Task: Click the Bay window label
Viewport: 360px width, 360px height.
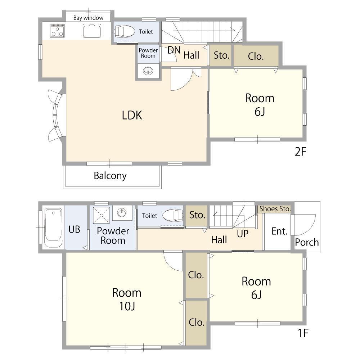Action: pos(88,18)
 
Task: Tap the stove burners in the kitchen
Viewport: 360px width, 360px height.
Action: pos(57,31)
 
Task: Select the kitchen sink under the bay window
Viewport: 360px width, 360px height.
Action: pos(92,31)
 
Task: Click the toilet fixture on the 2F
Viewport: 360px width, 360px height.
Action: pos(125,31)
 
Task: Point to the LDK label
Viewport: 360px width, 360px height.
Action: pos(132,115)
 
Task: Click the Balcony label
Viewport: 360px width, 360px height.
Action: pos(110,176)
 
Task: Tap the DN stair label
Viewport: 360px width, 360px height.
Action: pos(174,50)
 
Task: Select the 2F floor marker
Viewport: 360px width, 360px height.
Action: pos(300,152)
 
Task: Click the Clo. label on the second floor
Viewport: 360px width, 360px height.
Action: pos(256,56)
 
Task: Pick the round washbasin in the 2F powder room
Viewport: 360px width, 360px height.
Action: pos(148,71)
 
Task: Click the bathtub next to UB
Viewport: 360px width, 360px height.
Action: pos(53,228)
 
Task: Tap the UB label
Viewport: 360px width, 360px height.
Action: pos(74,229)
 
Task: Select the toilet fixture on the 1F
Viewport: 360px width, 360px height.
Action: pos(173,216)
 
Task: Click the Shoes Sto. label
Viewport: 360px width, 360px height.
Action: pos(275,209)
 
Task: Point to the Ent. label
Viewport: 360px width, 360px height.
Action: pos(279,231)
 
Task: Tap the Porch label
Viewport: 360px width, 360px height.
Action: pos(307,242)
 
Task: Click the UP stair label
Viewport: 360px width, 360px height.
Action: pos(243,234)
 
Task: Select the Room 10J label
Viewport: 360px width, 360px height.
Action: pos(127,299)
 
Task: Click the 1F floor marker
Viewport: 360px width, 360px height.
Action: pos(303,333)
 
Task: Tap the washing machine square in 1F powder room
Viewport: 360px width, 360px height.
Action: pos(101,215)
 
